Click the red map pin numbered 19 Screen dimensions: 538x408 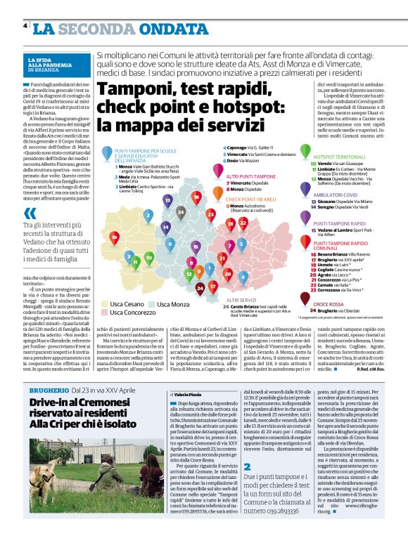[x=115, y=237]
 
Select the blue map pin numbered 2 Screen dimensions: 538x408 [x=148, y=215]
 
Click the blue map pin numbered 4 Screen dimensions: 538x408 [x=243, y=277]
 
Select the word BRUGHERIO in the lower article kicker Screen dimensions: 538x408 [x=48, y=390]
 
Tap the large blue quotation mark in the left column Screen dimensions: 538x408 [x=30, y=214]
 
